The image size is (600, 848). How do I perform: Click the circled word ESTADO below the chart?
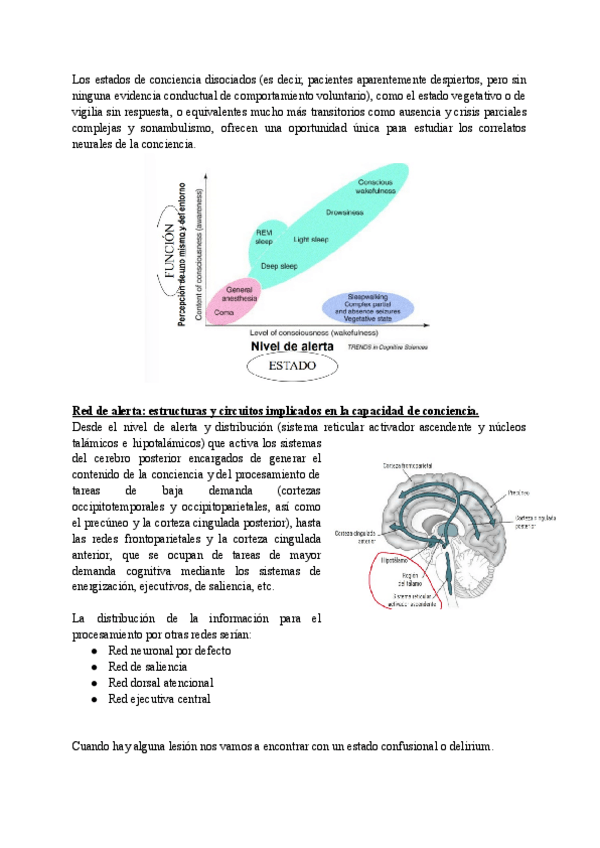[x=291, y=366]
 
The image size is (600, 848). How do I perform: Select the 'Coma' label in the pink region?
[x=224, y=313]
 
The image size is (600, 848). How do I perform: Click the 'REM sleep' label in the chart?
[x=264, y=237]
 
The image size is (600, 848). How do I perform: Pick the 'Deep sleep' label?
[x=279, y=266]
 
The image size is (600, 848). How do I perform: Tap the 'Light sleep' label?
[x=311, y=240]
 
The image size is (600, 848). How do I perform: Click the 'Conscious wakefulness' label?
[x=375, y=187]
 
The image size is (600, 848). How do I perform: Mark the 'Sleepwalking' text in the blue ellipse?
[x=367, y=297]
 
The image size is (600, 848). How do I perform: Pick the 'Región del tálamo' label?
[x=385, y=580]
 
